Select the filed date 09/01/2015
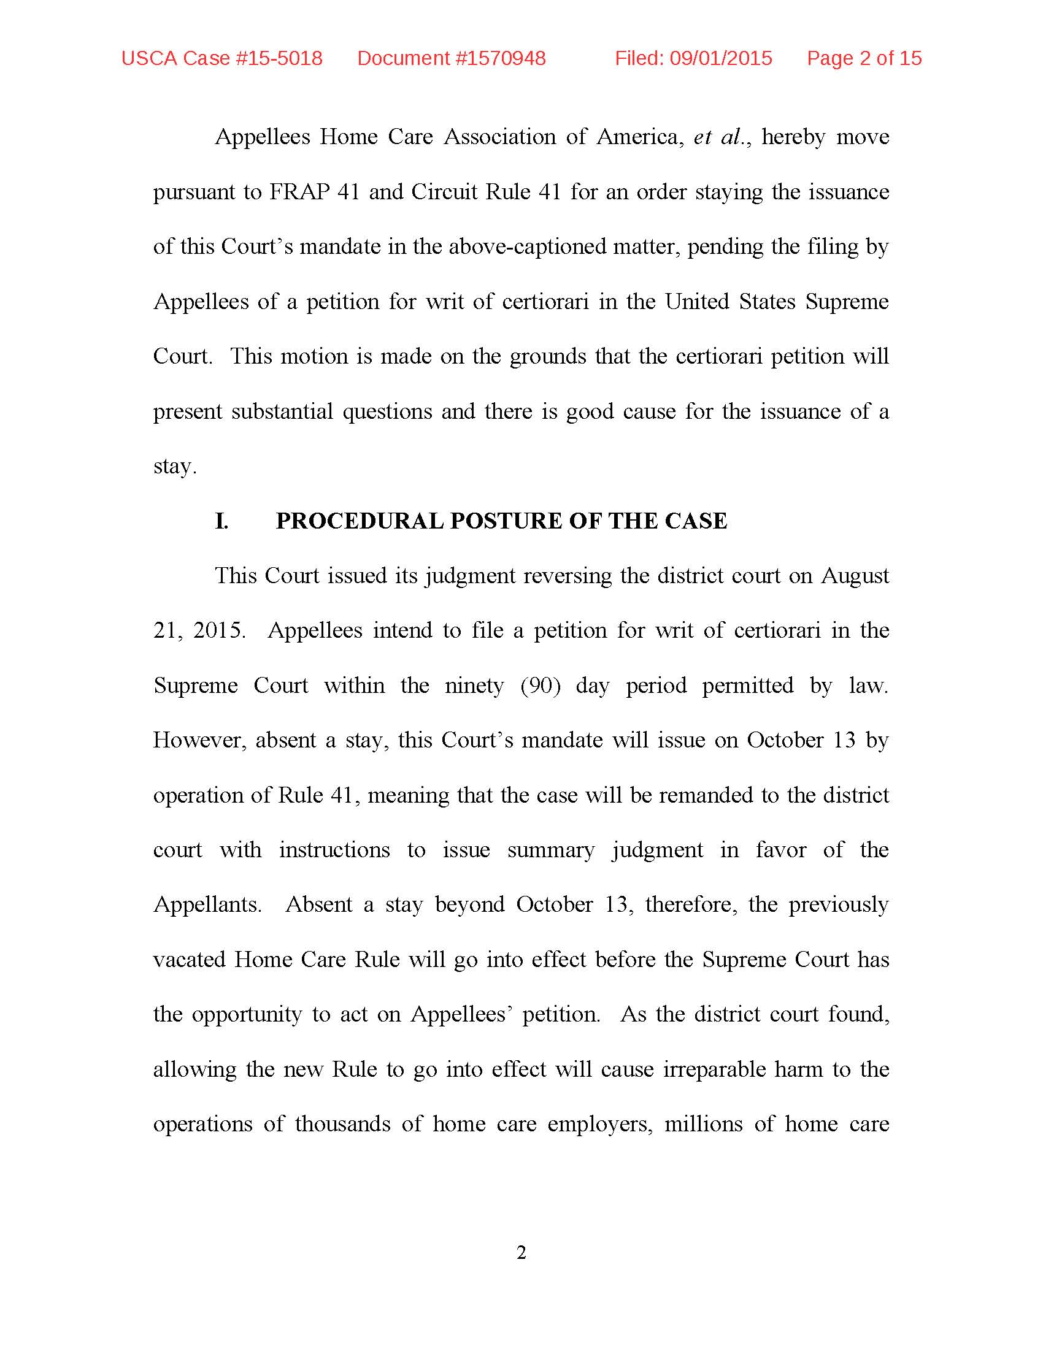pos(721,58)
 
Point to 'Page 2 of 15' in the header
pos(864,58)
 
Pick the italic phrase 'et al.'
pos(719,137)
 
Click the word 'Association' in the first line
pos(500,137)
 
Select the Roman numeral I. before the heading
pos(221,521)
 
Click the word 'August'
pos(855,576)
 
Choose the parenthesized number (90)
pos(540,686)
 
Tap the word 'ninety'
pos(474,686)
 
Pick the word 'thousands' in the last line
pos(342,1124)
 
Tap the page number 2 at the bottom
pos(521,1253)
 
